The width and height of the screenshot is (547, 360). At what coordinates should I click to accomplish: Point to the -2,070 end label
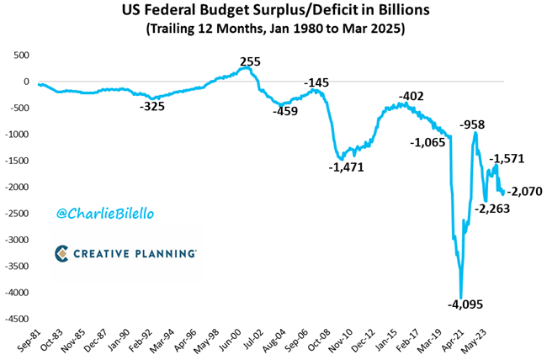point(524,191)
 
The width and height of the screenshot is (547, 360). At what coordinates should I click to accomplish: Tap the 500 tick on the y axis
point(19,56)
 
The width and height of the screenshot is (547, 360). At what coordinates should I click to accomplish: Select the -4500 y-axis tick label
point(16,319)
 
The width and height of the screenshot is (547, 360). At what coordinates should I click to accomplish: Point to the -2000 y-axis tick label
point(16,188)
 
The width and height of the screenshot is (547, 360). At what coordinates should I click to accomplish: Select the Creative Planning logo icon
point(62,253)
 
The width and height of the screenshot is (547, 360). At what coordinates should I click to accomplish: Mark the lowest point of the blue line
point(461,295)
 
